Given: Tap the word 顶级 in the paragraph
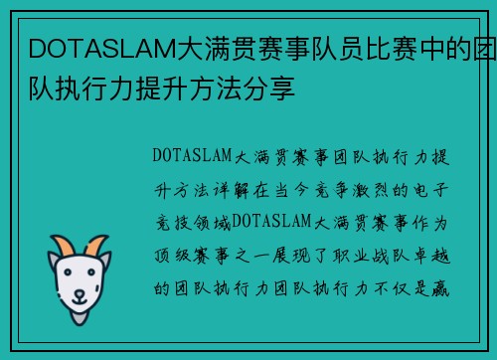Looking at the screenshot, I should (x=175, y=254).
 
